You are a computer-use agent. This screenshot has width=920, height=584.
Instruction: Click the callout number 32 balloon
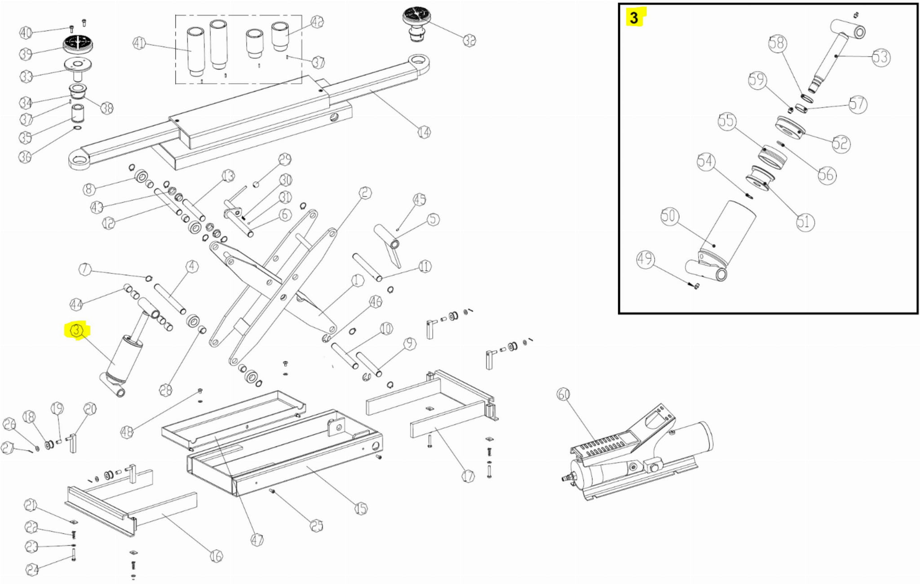[469, 40]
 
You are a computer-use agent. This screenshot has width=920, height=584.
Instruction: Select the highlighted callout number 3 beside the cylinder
[77, 331]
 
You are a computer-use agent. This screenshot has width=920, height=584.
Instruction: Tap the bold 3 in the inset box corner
[634, 18]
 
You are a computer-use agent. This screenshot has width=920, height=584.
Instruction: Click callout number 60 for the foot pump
[563, 394]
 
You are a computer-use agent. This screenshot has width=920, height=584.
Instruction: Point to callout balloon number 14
[424, 132]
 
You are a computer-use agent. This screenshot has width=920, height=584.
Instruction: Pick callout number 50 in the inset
[668, 216]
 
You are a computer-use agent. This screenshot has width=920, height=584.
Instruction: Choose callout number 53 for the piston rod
[880, 57]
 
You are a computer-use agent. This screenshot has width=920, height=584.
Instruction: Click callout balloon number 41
[139, 43]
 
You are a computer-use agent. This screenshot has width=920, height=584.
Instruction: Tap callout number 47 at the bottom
[257, 540]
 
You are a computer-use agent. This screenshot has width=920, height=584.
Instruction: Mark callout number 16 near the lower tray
[216, 556]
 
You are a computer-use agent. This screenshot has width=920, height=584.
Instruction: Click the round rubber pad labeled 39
[78, 44]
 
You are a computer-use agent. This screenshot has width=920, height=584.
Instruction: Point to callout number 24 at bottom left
[32, 570]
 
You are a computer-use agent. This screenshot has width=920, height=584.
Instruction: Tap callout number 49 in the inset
[646, 259]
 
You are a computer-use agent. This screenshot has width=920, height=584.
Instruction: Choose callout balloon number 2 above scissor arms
[365, 193]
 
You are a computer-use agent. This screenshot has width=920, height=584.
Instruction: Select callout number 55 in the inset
[726, 121]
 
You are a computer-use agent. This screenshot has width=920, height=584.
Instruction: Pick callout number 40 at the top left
[26, 32]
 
